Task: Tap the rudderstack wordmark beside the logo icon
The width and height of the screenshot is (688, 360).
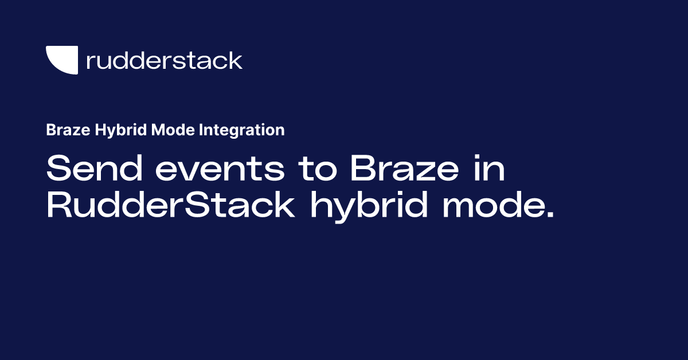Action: [x=164, y=60]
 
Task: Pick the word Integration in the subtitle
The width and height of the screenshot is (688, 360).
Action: [x=242, y=131]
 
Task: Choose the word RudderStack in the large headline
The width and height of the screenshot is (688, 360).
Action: [x=170, y=206]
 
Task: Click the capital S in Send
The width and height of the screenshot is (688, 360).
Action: [x=57, y=170]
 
